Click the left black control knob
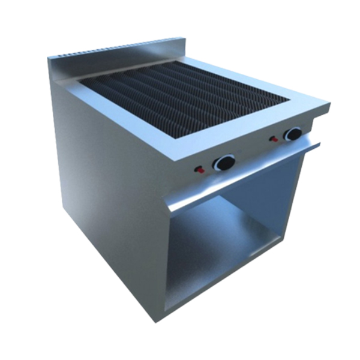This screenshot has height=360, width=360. click(224, 163)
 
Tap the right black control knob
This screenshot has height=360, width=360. click(293, 134)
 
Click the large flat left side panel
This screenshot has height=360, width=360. click(102, 180)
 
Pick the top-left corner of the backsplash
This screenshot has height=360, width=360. click(49, 57)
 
